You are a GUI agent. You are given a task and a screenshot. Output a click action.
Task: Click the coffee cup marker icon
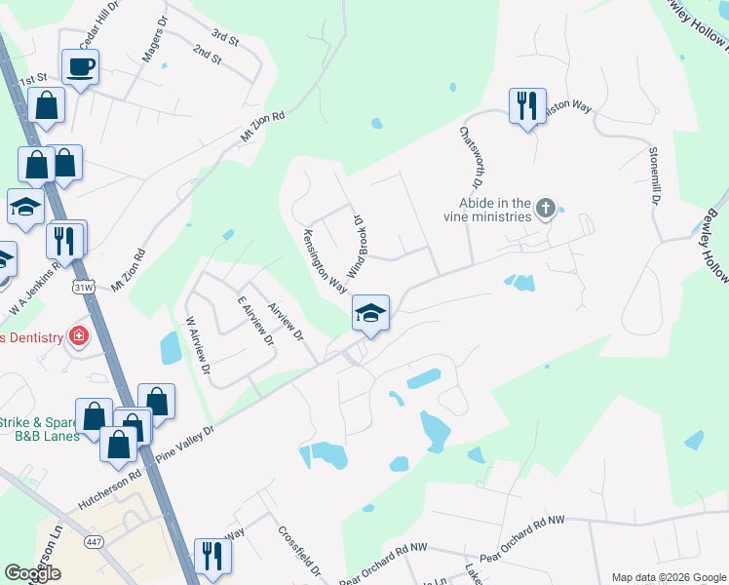(x=80, y=67)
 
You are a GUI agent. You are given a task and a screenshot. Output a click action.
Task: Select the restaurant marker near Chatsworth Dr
(x=526, y=105)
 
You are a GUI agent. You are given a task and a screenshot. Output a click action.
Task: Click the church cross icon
(x=546, y=208)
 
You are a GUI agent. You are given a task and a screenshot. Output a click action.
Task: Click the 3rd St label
(x=225, y=38)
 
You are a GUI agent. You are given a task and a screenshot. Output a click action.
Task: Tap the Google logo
(x=32, y=573)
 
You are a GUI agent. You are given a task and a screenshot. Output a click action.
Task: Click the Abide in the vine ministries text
(x=487, y=210)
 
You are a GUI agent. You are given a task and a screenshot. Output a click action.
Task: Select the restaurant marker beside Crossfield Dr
(x=210, y=557)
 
